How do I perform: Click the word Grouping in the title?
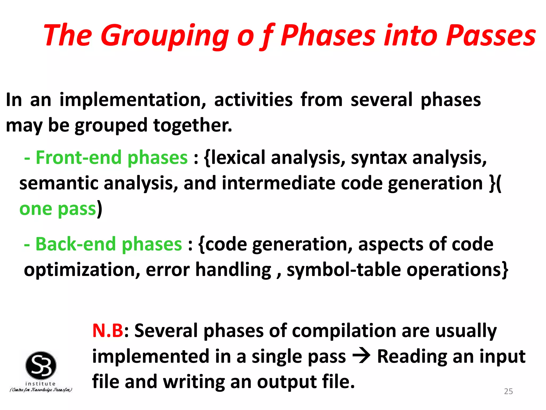click(x=164, y=36)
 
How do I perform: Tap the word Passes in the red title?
click(x=491, y=36)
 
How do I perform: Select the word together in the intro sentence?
click(x=192, y=125)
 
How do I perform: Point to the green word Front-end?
click(x=79, y=157)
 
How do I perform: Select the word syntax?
click(x=379, y=157)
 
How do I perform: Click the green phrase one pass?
click(x=58, y=209)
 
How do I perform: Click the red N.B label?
click(x=108, y=331)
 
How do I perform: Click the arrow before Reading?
click(x=361, y=356)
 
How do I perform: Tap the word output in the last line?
click(x=286, y=382)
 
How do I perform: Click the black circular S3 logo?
click(x=41, y=365)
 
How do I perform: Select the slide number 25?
click(x=508, y=391)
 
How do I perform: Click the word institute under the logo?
click(x=41, y=384)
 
